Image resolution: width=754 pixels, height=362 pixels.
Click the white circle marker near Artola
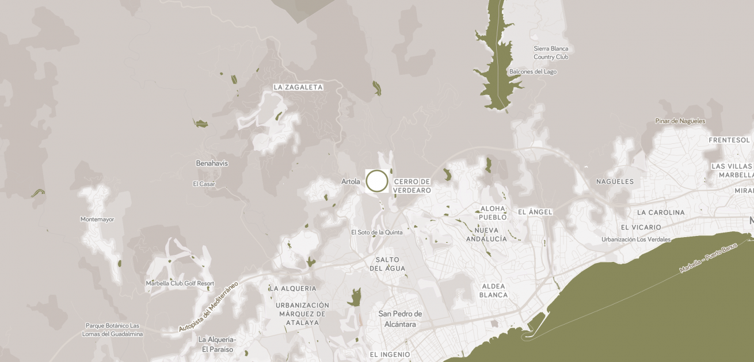pyautogui.click(x=377, y=181)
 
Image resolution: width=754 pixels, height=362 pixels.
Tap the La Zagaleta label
pyautogui.click(x=298, y=87)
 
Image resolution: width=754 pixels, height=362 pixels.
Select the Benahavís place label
pyautogui.click(x=212, y=163)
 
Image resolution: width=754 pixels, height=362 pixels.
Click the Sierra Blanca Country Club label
pyautogui.click(x=551, y=53)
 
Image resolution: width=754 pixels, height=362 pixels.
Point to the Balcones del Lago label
pyautogui.click(x=532, y=72)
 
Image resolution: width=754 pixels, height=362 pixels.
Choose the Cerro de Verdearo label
pyautogui.click(x=412, y=186)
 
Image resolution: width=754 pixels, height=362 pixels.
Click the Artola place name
pyautogui.click(x=351, y=182)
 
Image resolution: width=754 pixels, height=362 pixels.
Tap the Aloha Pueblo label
pyautogui.click(x=493, y=213)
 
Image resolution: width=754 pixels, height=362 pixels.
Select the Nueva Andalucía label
pyautogui.click(x=486, y=234)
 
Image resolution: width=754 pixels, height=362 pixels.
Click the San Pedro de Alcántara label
pyautogui.click(x=400, y=319)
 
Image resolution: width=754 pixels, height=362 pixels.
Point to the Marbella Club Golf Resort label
pyautogui.click(x=180, y=284)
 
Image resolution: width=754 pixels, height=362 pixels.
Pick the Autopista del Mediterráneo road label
pyautogui.click(x=208, y=306)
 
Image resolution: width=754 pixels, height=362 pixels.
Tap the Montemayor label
pyautogui.click(x=97, y=219)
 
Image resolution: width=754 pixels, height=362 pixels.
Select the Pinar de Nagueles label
pyautogui.click(x=680, y=121)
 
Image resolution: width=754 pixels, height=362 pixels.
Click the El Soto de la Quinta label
pyautogui.click(x=376, y=233)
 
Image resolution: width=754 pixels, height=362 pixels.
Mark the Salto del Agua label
pyautogui.click(x=387, y=264)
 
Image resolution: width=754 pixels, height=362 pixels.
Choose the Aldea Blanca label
pyautogui.click(x=493, y=291)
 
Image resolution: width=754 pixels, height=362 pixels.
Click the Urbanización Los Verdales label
pyautogui.click(x=636, y=239)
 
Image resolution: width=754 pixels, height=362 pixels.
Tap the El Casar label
pyautogui.click(x=204, y=184)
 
